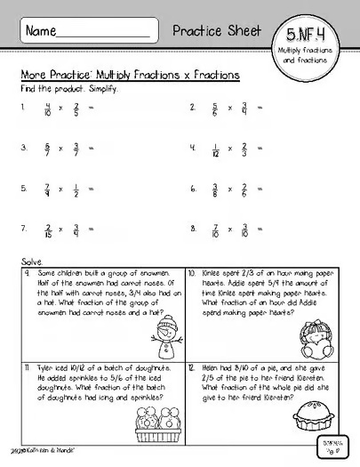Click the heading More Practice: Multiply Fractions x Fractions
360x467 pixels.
coord(129,77)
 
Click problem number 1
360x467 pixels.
coord(25,109)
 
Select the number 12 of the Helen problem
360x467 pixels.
coord(193,366)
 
